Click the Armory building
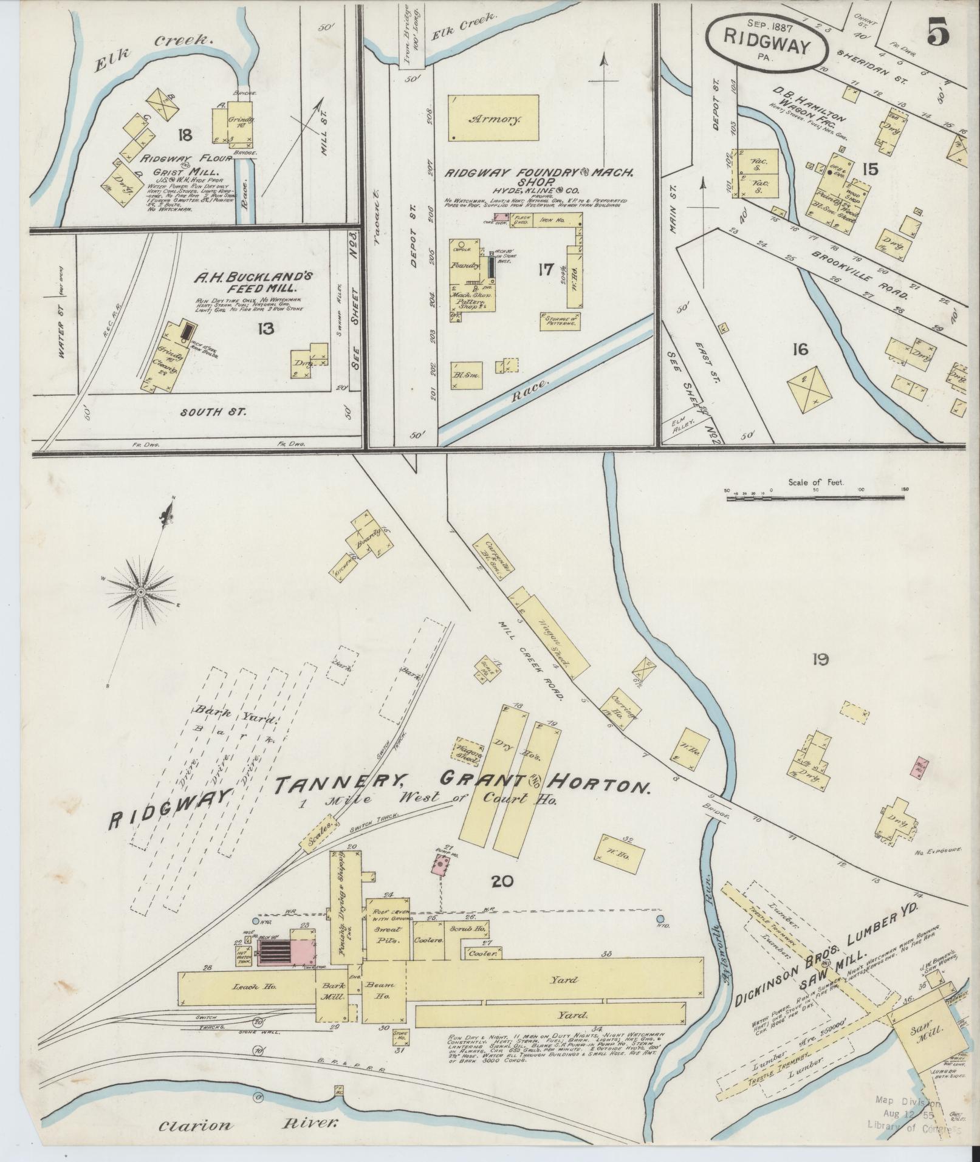tap(493, 118)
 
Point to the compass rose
tap(140, 591)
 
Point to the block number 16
tap(800, 349)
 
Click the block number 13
tap(265, 329)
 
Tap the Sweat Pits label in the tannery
tap(386, 950)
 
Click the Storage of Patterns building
tap(560, 321)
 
